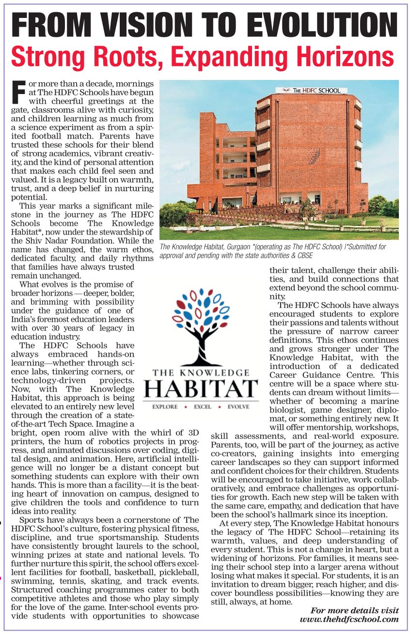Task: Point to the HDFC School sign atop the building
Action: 312,90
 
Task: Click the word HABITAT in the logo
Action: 201,389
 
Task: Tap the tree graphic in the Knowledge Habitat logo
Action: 200,325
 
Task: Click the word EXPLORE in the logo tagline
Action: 165,407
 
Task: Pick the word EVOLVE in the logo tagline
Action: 238,407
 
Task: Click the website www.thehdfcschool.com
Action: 349,619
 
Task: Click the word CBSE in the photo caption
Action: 304,255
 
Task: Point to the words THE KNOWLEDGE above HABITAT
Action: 201,372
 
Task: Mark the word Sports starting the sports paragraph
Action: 32,520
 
